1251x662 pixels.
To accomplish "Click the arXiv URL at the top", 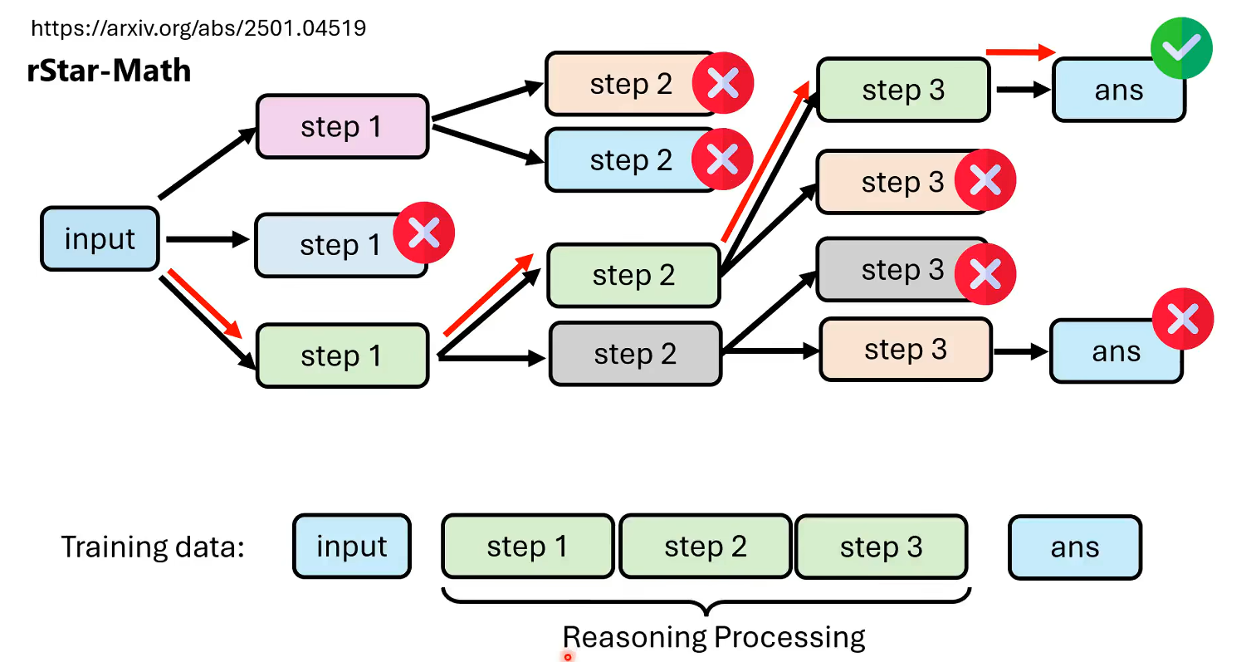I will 198,29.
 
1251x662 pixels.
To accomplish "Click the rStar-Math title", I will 109,71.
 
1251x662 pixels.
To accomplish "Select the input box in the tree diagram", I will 100,239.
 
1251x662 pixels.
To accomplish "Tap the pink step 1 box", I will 341,126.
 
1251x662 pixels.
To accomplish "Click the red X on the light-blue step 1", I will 423,234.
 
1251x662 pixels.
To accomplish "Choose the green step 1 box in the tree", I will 341,356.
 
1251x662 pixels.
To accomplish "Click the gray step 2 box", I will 634,355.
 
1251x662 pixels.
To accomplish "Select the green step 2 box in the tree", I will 633,276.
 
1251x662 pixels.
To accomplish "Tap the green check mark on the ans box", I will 1181,48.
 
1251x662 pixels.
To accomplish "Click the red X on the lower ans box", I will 1183,319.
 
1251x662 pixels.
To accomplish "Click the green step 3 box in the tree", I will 902,90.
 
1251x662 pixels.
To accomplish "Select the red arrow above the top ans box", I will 1019,52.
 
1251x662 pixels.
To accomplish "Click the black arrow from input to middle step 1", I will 208,239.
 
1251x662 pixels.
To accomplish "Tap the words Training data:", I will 153,547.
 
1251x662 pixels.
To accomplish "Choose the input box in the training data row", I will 351,547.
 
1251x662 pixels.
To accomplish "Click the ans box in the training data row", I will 1075,547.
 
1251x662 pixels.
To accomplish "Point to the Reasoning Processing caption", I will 714,637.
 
